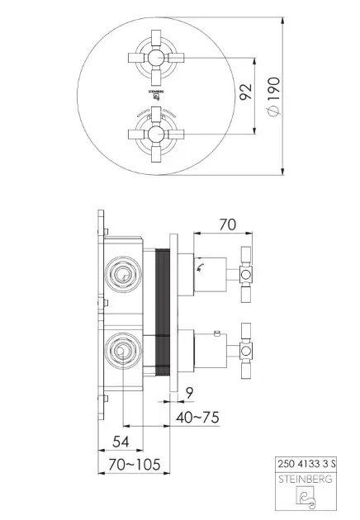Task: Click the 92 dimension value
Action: [x=245, y=91]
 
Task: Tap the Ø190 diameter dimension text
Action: [x=274, y=97]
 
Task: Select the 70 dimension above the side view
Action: [x=227, y=225]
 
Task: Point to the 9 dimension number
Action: [x=189, y=393]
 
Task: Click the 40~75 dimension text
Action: [x=197, y=417]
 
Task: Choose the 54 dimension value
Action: [x=121, y=442]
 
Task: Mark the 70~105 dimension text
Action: [x=134, y=464]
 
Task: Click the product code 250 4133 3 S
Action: [x=306, y=463]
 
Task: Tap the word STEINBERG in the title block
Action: [x=305, y=480]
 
